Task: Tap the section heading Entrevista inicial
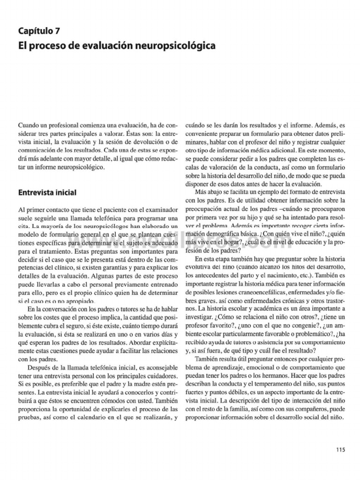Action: click(x=47, y=192)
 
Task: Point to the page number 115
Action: click(x=340, y=450)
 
